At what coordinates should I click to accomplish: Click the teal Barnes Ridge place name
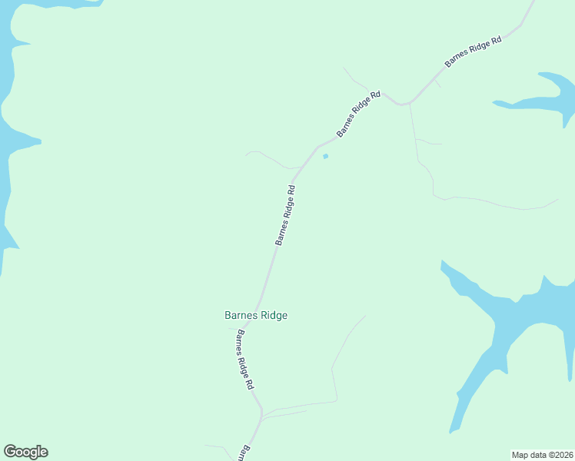255,315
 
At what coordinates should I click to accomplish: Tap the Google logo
25,452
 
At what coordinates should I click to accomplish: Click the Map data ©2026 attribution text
541,455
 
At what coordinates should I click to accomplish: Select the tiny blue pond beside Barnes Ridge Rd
325,157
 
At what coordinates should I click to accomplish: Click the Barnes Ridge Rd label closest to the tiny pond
358,114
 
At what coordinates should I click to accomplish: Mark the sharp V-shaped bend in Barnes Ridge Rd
401,103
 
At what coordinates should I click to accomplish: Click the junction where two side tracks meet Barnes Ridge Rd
262,415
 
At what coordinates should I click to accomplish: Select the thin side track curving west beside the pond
265,156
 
